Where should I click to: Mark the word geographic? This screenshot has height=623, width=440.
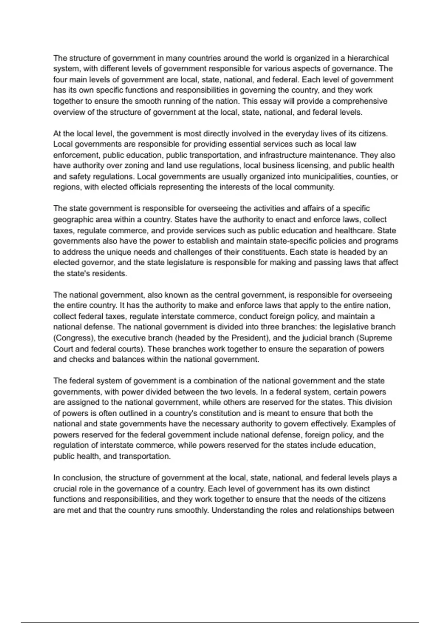click(x=72, y=220)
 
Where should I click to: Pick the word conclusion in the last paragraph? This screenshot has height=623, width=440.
click(x=83, y=478)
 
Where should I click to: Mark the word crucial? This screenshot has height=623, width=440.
click(x=65, y=489)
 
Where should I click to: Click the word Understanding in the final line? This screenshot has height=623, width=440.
click(x=238, y=510)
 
